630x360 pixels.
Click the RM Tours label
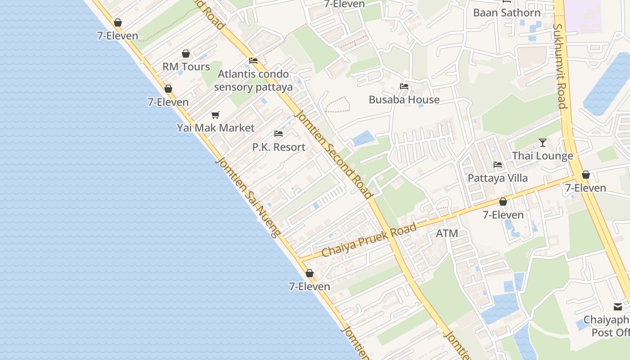(x=186, y=67)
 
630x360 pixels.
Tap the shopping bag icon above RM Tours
(x=186, y=54)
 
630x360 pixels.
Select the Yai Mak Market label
(x=216, y=128)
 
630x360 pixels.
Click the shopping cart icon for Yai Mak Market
(x=216, y=115)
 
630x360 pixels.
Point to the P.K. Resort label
(x=279, y=147)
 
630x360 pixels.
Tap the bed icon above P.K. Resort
(x=279, y=134)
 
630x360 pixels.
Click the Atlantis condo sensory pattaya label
(x=253, y=81)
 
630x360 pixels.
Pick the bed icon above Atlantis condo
(x=253, y=61)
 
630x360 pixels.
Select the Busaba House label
(x=404, y=99)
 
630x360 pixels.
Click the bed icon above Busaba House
(x=404, y=86)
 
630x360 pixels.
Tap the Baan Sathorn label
(x=507, y=13)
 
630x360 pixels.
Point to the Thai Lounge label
(x=542, y=156)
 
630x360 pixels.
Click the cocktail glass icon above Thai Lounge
(x=543, y=143)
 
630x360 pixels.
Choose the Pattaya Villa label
(x=497, y=178)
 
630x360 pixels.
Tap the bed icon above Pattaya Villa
(x=497, y=165)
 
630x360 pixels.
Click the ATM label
(x=447, y=233)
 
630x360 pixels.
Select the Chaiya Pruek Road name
(x=369, y=241)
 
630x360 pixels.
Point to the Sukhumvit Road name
(x=559, y=66)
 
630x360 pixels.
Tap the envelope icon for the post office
(x=618, y=307)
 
